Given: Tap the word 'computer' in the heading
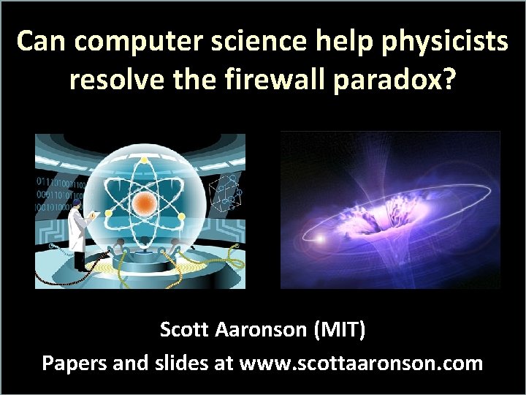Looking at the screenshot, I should coord(139,42).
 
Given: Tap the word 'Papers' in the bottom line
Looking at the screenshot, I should coord(74,363).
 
